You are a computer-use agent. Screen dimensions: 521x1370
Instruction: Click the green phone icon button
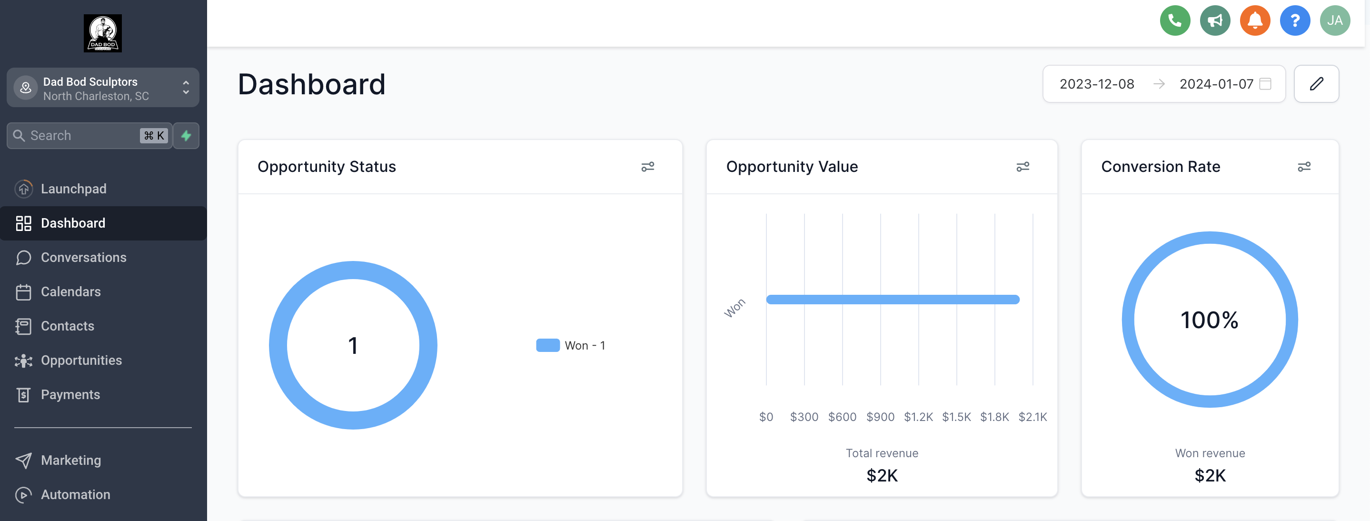point(1174,21)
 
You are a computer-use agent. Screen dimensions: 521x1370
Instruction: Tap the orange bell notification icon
point(1255,21)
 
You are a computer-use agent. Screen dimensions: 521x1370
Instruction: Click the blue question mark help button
point(1294,21)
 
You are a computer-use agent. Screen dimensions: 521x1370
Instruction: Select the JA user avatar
point(1334,21)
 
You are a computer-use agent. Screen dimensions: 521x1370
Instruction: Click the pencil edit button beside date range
point(1316,83)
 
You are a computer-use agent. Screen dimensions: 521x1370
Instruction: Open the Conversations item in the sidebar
point(83,258)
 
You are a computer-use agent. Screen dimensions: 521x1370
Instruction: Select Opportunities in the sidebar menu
point(81,361)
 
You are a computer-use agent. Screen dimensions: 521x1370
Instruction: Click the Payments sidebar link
point(70,395)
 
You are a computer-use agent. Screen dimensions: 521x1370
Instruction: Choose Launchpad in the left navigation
point(73,189)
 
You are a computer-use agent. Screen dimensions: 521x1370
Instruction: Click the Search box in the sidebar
point(80,136)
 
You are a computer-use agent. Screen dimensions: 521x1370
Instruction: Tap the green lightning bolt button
point(186,136)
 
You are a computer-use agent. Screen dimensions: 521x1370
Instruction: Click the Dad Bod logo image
point(103,33)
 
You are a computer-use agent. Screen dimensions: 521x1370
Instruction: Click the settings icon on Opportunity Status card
point(647,167)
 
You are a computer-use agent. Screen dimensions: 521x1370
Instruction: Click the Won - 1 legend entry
point(571,345)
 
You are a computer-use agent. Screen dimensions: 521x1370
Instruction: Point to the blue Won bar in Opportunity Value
point(893,300)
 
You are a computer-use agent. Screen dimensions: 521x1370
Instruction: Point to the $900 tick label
point(880,417)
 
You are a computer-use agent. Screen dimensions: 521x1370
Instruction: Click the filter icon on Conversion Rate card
point(1303,167)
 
